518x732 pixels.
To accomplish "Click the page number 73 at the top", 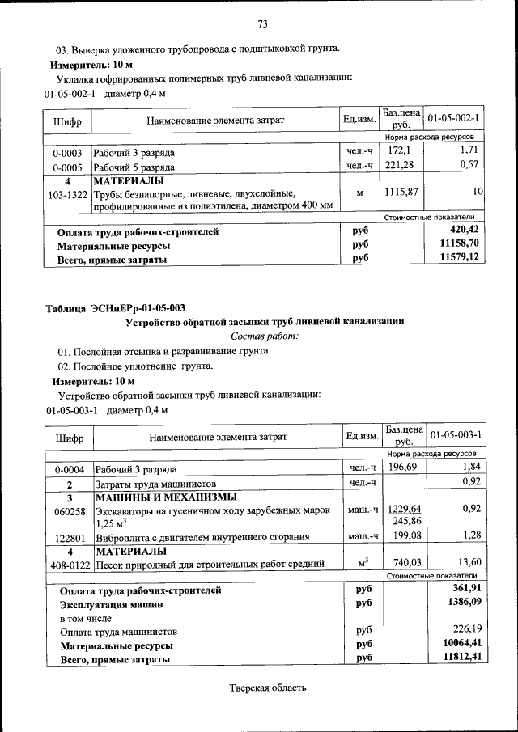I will (262, 22).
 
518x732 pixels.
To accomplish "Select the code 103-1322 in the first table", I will (67, 194).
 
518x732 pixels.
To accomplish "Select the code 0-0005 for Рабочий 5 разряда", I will (67, 165).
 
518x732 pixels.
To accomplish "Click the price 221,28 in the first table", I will (403, 165).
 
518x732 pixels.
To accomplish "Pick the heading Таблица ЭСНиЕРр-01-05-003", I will (115, 307).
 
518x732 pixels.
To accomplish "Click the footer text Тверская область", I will (268, 688).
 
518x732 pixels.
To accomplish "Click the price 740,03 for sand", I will (404, 562).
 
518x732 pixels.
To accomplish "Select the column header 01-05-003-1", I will (456, 435).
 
